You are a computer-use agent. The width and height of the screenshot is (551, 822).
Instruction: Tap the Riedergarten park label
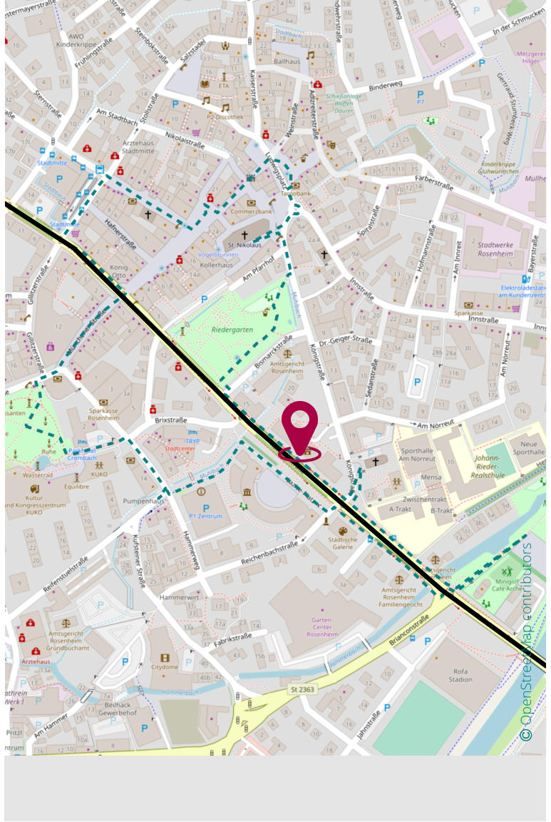232,330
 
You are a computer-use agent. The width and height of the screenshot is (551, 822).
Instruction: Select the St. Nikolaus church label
244,245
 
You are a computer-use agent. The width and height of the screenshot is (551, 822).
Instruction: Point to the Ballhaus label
287,61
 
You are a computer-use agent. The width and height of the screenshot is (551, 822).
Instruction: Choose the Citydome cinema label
165,667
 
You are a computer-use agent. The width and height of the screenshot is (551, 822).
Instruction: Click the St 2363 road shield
302,689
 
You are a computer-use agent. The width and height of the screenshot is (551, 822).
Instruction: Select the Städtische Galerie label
342,544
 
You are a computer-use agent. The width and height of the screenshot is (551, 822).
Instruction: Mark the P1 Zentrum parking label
207,516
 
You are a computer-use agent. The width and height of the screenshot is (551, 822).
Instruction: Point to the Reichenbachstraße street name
269,553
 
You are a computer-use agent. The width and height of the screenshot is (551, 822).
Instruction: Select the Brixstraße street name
170,420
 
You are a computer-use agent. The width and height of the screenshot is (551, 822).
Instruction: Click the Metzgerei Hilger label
530,57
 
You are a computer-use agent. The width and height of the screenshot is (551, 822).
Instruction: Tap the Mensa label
431,477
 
